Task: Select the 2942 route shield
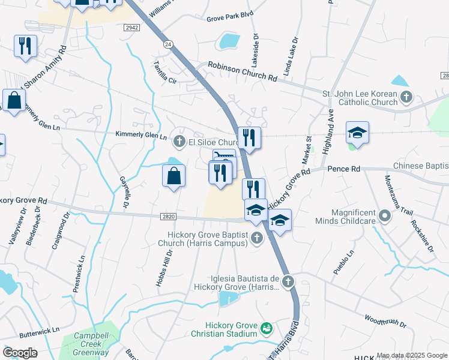point(132,28)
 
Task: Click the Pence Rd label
point(344,170)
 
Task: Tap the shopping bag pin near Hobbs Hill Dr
point(173,176)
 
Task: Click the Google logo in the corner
point(20,353)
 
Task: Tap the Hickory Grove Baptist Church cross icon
point(257,238)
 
